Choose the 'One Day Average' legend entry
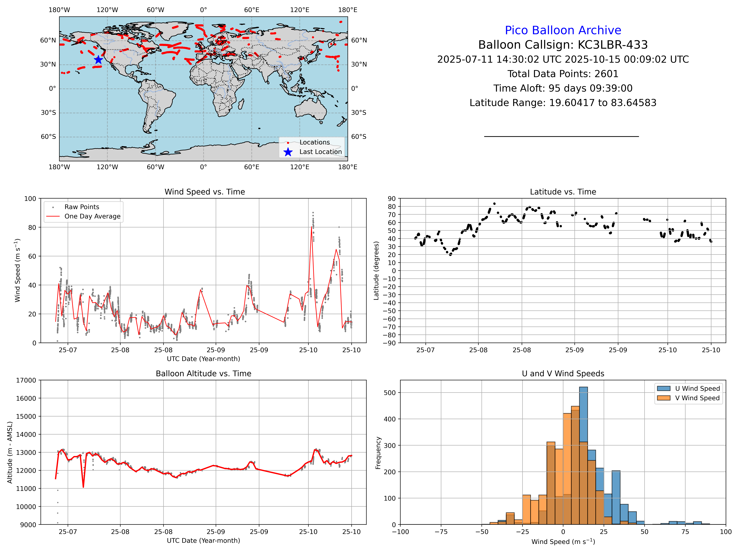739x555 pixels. click(92, 216)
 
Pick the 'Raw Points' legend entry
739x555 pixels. click(82, 207)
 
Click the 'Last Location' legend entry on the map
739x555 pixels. click(320, 152)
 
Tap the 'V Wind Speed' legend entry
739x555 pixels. click(697, 398)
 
